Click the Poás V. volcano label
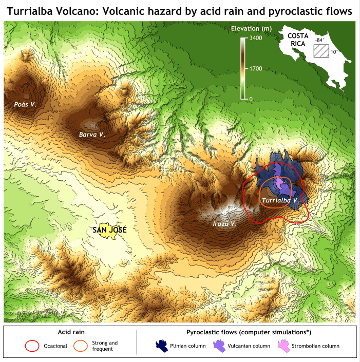25,104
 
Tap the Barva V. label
92,135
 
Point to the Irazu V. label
224,224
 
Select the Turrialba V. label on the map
280,200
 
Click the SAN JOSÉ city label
109,230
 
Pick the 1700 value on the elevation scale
255,68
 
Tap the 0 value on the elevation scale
251,99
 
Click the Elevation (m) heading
251,28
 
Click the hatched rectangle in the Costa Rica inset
321,51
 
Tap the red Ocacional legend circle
32,346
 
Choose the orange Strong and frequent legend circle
81,346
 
